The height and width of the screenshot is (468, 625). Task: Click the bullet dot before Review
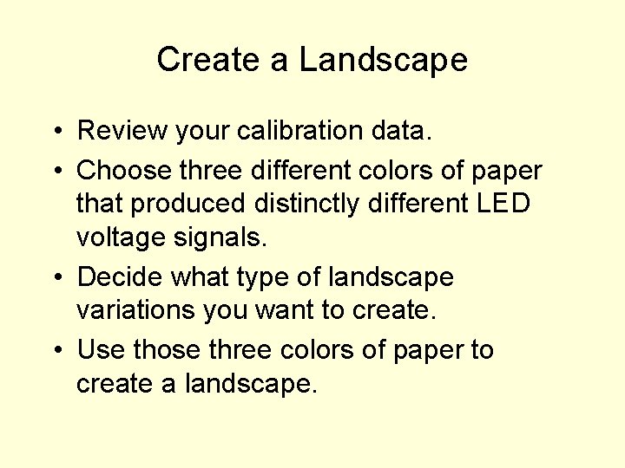click(55, 132)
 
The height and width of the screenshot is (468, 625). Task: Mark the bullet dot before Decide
click(55, 278)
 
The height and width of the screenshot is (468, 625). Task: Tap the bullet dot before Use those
click(55, 351)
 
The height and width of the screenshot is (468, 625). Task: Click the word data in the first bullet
click(406, 131)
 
